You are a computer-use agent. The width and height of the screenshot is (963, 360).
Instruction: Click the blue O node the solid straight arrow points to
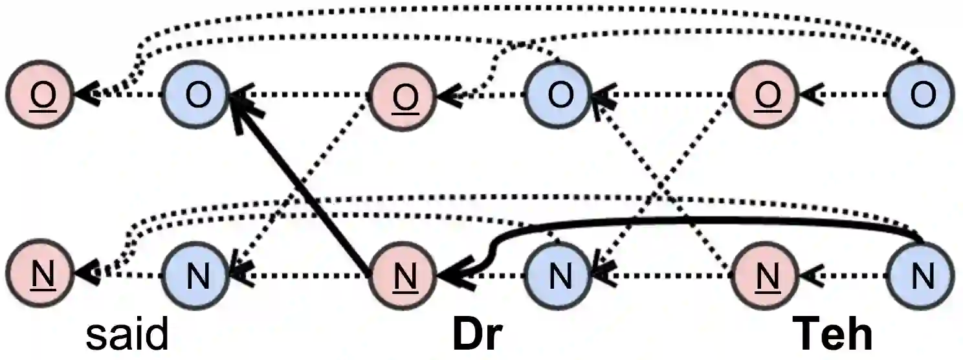[x=198, y=95]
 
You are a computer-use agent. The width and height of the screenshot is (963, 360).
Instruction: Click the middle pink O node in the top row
[x=405, y=95]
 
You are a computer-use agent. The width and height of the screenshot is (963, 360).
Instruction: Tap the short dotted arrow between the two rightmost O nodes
[x=845, y=95]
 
